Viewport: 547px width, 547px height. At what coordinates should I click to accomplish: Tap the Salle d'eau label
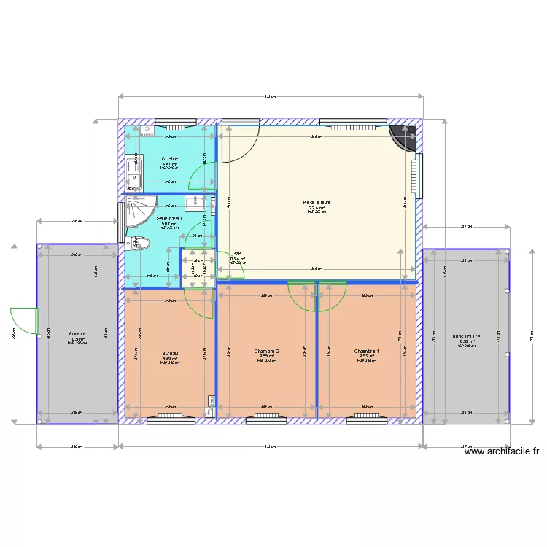click(x=169, y=219)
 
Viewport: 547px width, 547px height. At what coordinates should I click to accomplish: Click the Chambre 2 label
click(x=267, y=352)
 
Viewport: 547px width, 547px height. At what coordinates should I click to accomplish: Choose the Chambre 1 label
click(x=366, y=352)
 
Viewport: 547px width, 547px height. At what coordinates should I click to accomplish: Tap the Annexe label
click(x=77, y=334)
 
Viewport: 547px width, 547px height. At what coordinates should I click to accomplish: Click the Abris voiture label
click(x=465, y=336)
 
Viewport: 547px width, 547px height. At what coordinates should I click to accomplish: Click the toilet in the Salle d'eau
click(x=135, y=244)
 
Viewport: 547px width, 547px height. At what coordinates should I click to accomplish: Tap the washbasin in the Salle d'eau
click(x=195, y=203)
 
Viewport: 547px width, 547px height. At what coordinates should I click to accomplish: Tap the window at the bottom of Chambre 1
click(x=366, y=419)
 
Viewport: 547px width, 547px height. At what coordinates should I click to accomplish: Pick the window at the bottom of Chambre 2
click(x=267, y=419)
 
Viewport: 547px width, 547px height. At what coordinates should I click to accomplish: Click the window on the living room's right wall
click(x=419, y=176)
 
